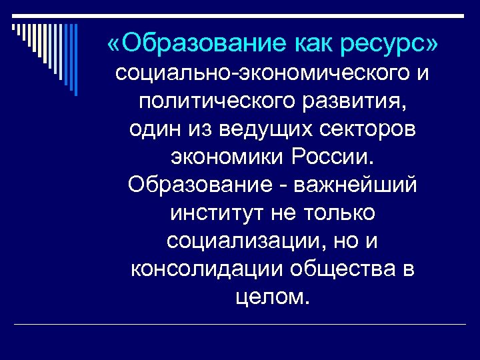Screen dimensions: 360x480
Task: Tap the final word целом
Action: click(x=273, y=296)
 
